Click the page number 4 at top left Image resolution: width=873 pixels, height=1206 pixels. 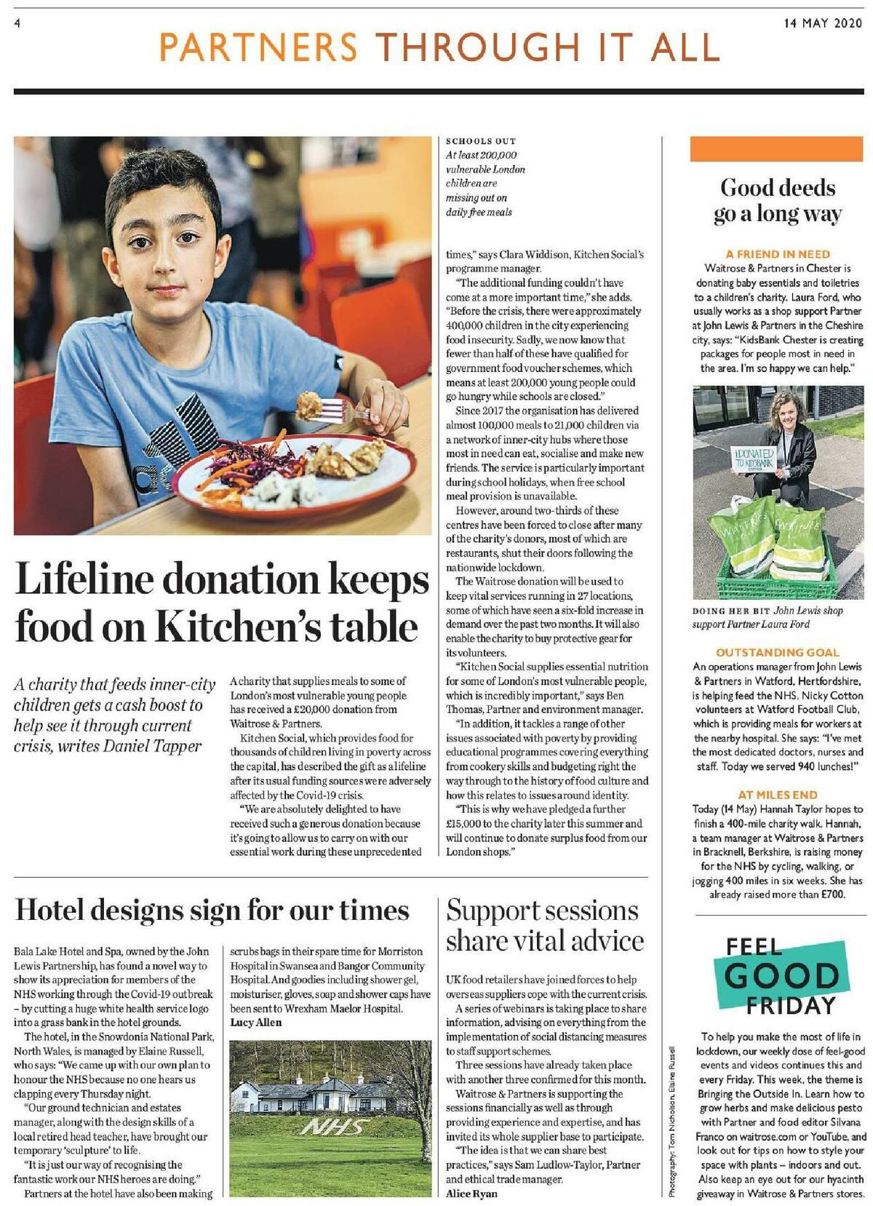[x=17, y=23]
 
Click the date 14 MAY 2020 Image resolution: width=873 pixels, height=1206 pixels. [x=822, y=23]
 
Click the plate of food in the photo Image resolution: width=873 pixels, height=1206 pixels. [x=291, y=469]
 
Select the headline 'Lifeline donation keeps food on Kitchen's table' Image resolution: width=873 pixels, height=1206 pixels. [x=222, y=603]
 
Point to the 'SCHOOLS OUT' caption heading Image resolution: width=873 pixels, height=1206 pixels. [x=481, y=141]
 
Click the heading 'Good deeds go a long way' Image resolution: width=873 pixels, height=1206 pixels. [x=778, y=200]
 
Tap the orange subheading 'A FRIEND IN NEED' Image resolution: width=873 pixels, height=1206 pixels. [x=778, y=254]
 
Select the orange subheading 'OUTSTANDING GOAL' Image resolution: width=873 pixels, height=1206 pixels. [x=778, y=652]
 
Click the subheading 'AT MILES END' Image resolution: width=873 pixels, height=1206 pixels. [x=778, y=795]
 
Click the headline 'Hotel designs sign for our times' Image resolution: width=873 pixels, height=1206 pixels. [x=212, y=911]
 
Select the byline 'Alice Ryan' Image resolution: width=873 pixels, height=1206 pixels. [x=471, y=1194]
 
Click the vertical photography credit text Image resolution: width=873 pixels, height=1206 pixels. [x=673, y=1121]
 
